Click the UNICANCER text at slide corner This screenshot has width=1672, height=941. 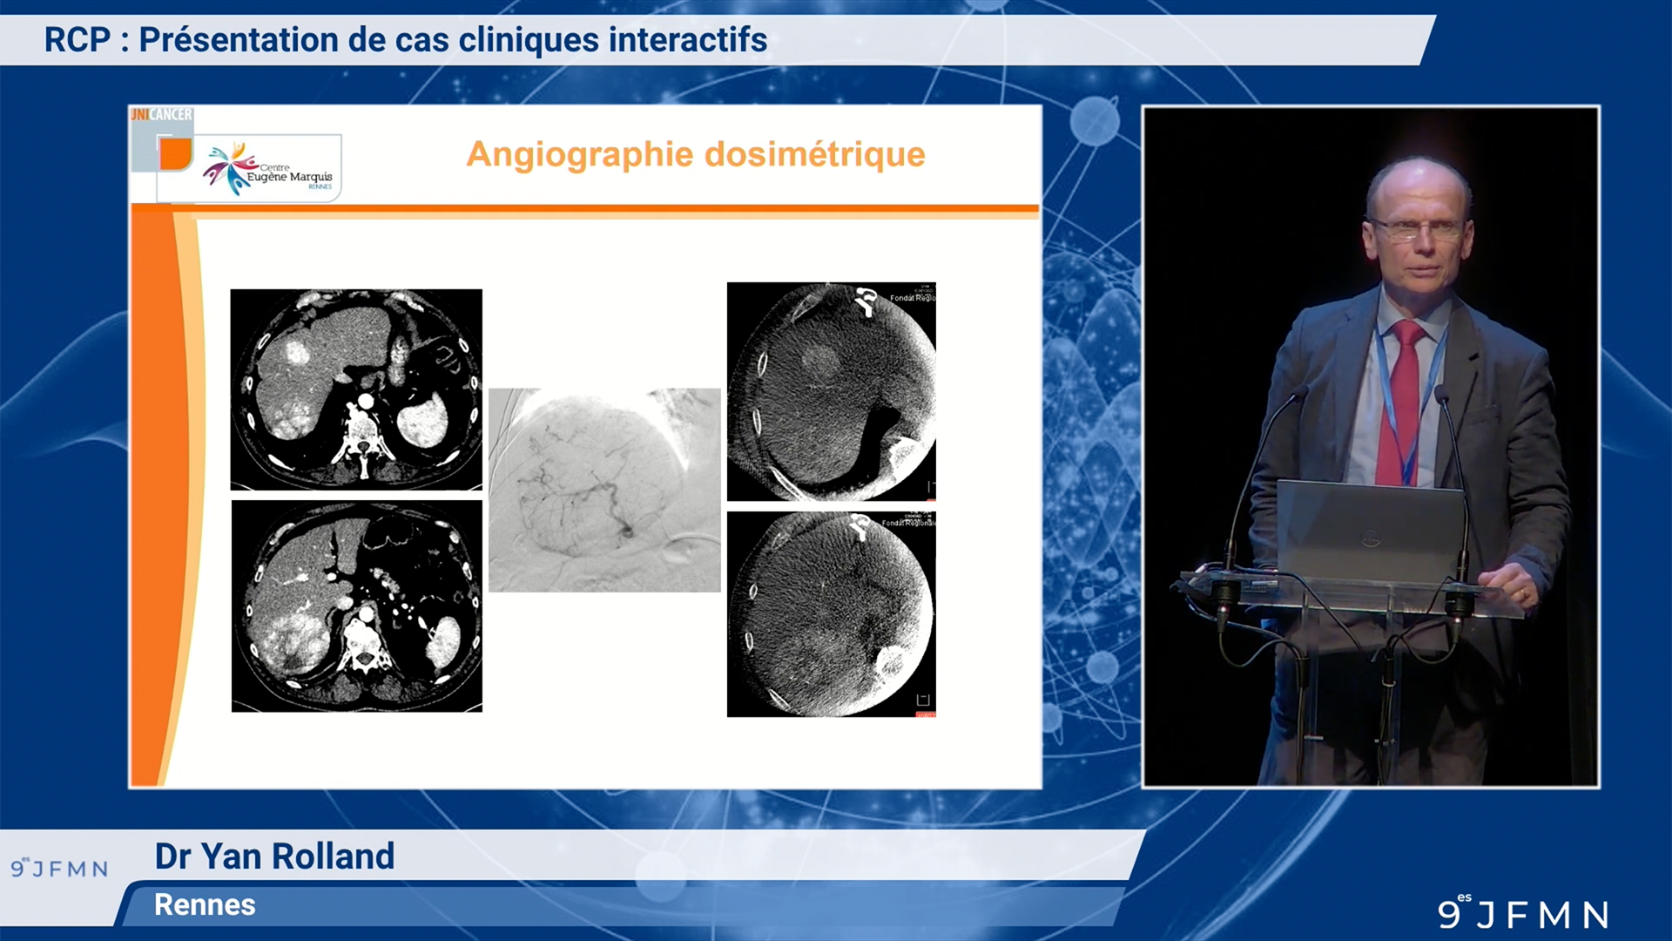(162, 114)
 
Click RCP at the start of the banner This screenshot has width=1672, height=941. (78, 40)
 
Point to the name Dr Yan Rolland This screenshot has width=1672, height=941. (274, 856)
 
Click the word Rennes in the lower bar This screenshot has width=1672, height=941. (205, 904)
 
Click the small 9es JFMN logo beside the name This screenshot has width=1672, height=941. (59, 868)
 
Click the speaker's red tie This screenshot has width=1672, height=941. (1402, 401)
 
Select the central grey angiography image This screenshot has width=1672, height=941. (604, 490)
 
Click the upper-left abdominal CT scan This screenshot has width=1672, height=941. (356, 389)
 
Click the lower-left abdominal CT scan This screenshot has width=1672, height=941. (356, 606)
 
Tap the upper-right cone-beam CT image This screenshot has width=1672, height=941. (831, 391)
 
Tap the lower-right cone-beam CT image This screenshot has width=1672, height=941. (831, 614)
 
